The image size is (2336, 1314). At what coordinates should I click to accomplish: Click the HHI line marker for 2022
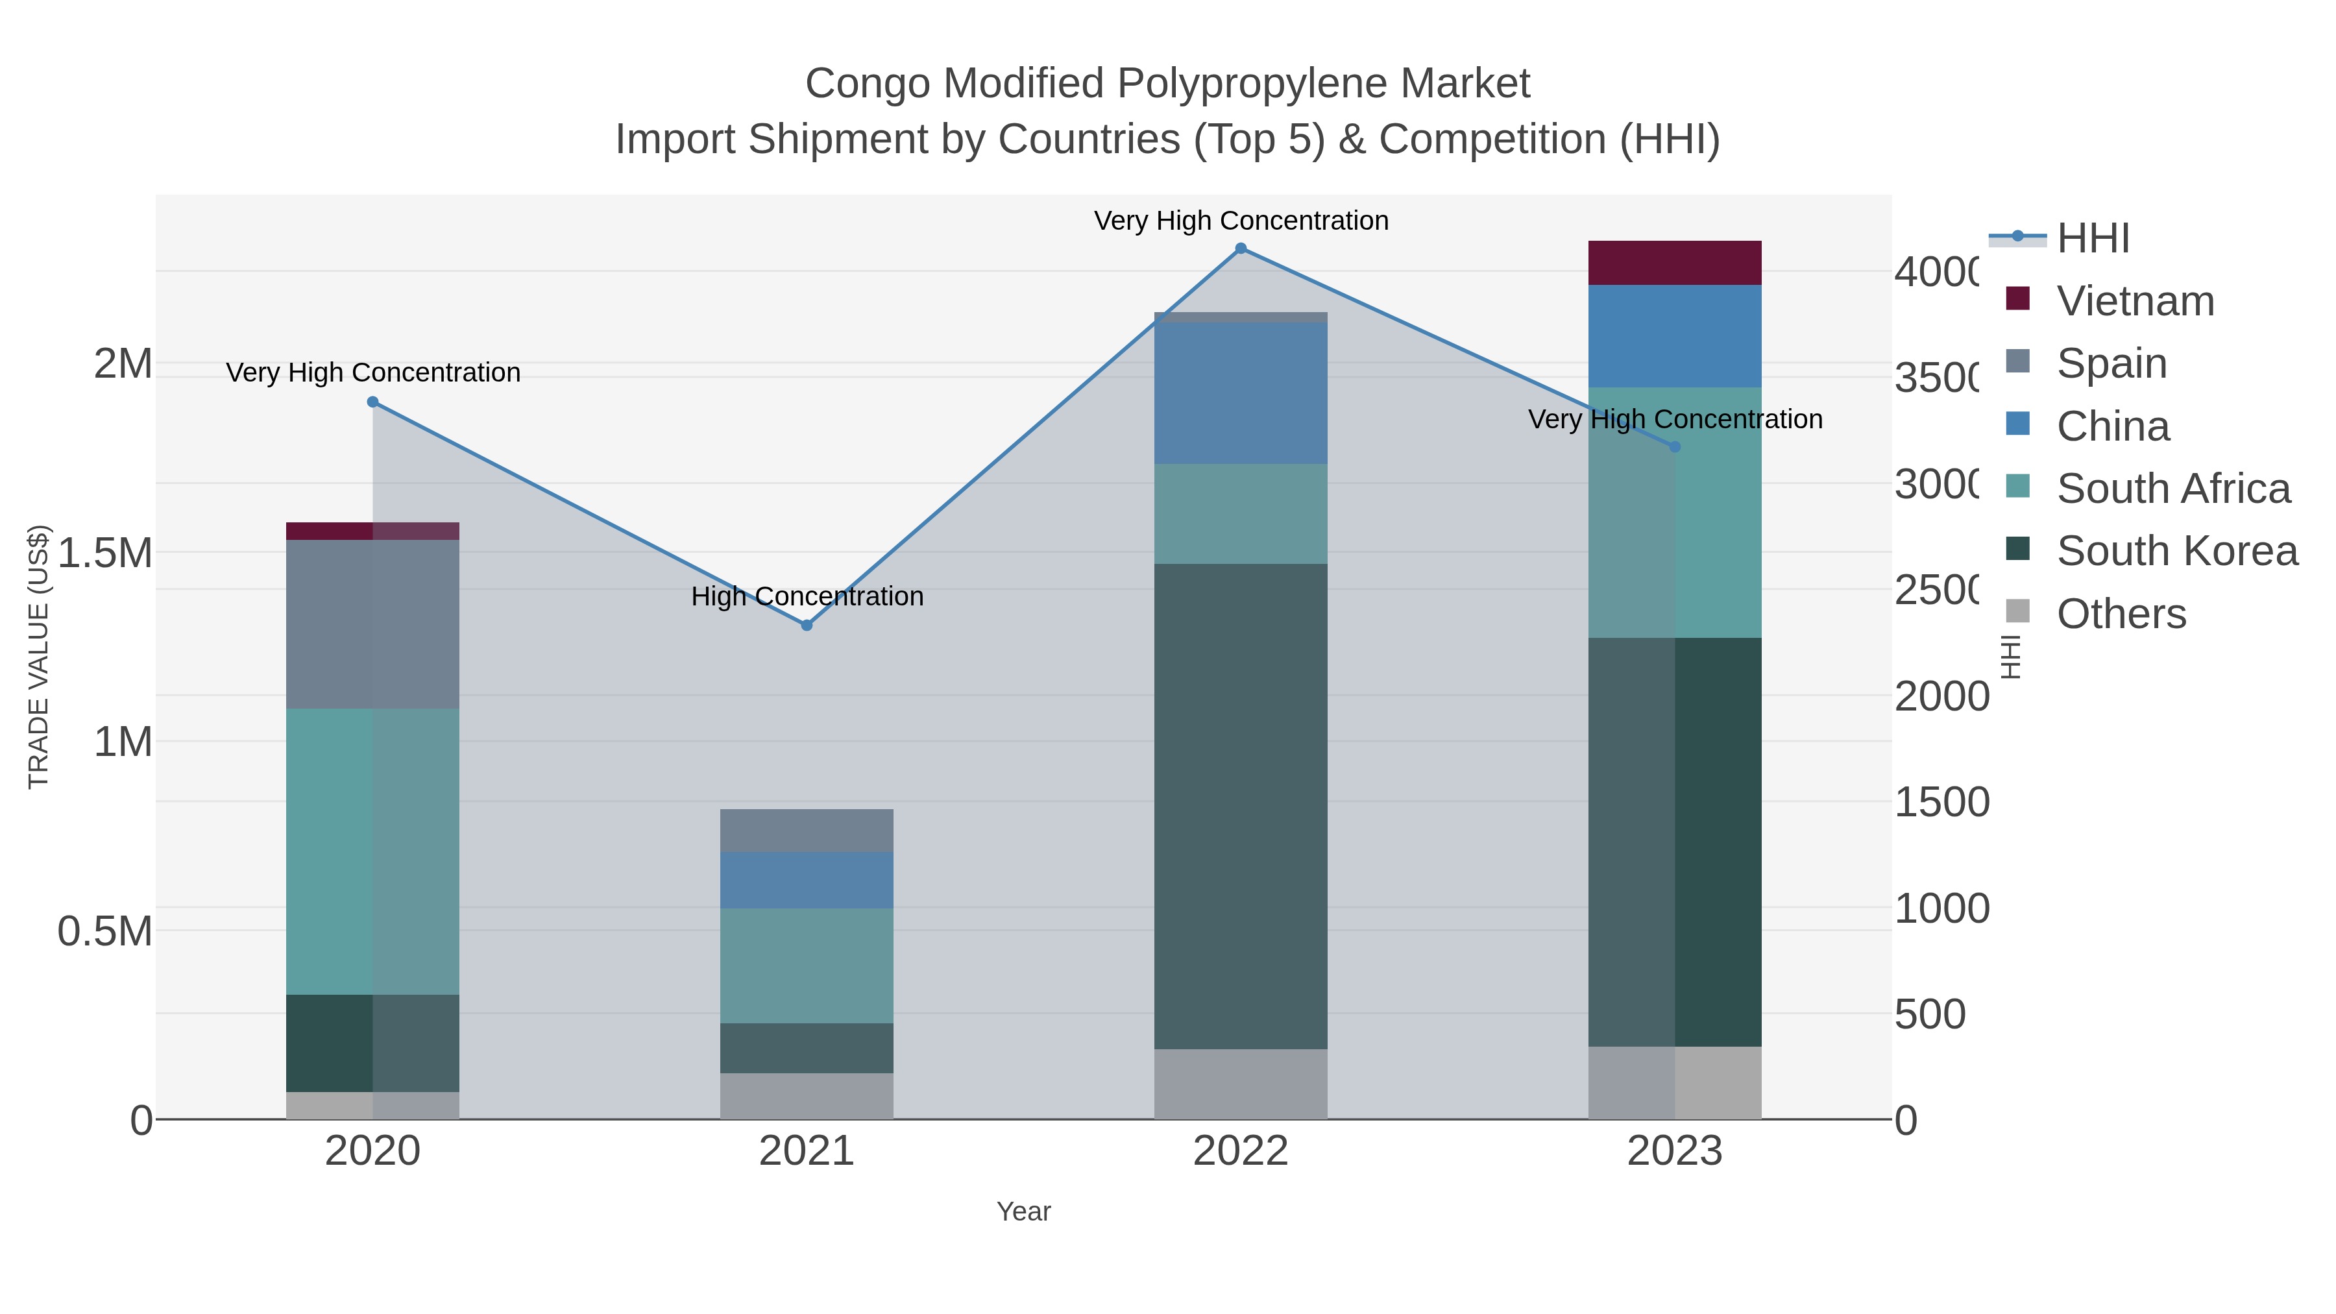point(1241,249)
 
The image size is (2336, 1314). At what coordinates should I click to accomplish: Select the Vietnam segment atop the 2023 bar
point(1674,263)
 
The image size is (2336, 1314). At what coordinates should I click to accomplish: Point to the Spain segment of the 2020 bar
point(372,624)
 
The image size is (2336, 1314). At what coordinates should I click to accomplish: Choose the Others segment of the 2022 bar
point(1241,1084)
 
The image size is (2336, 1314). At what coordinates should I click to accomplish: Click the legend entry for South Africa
point(2172,489)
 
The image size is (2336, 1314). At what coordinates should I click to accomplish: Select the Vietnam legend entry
point(2135,301)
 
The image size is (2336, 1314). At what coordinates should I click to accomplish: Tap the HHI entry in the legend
point(2093,239)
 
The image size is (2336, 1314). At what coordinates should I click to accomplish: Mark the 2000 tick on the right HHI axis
point(1941,696)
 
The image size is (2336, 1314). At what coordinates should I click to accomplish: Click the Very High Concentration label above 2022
point(1241,221)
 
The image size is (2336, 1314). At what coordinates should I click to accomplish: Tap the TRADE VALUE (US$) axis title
point(38,657)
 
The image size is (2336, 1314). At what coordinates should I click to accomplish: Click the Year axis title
point(1023,1211)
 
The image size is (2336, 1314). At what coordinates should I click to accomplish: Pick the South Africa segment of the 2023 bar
point(1674,513)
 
